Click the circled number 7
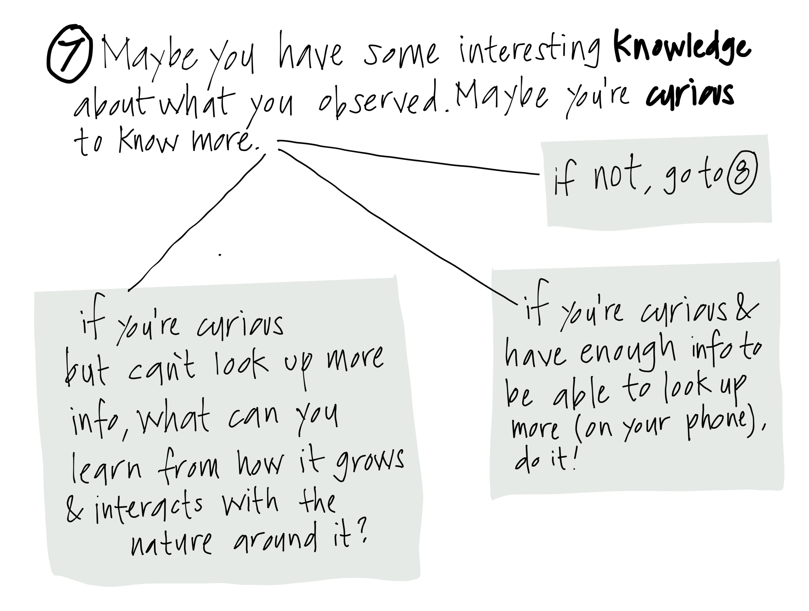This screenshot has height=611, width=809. [69, 54]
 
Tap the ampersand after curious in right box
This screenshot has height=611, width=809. [747, 314]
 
